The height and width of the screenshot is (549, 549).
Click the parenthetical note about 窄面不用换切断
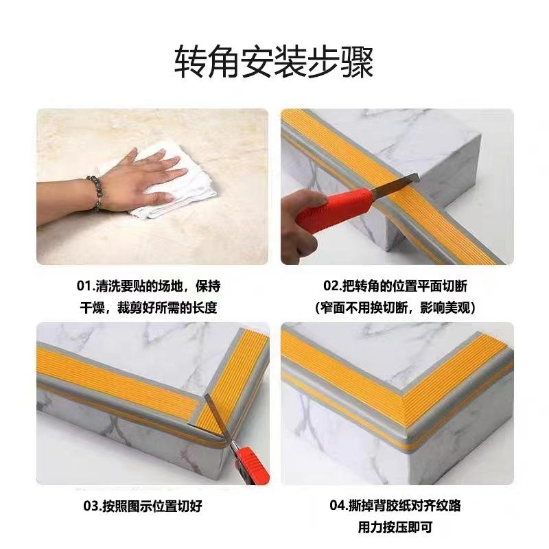396,307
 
